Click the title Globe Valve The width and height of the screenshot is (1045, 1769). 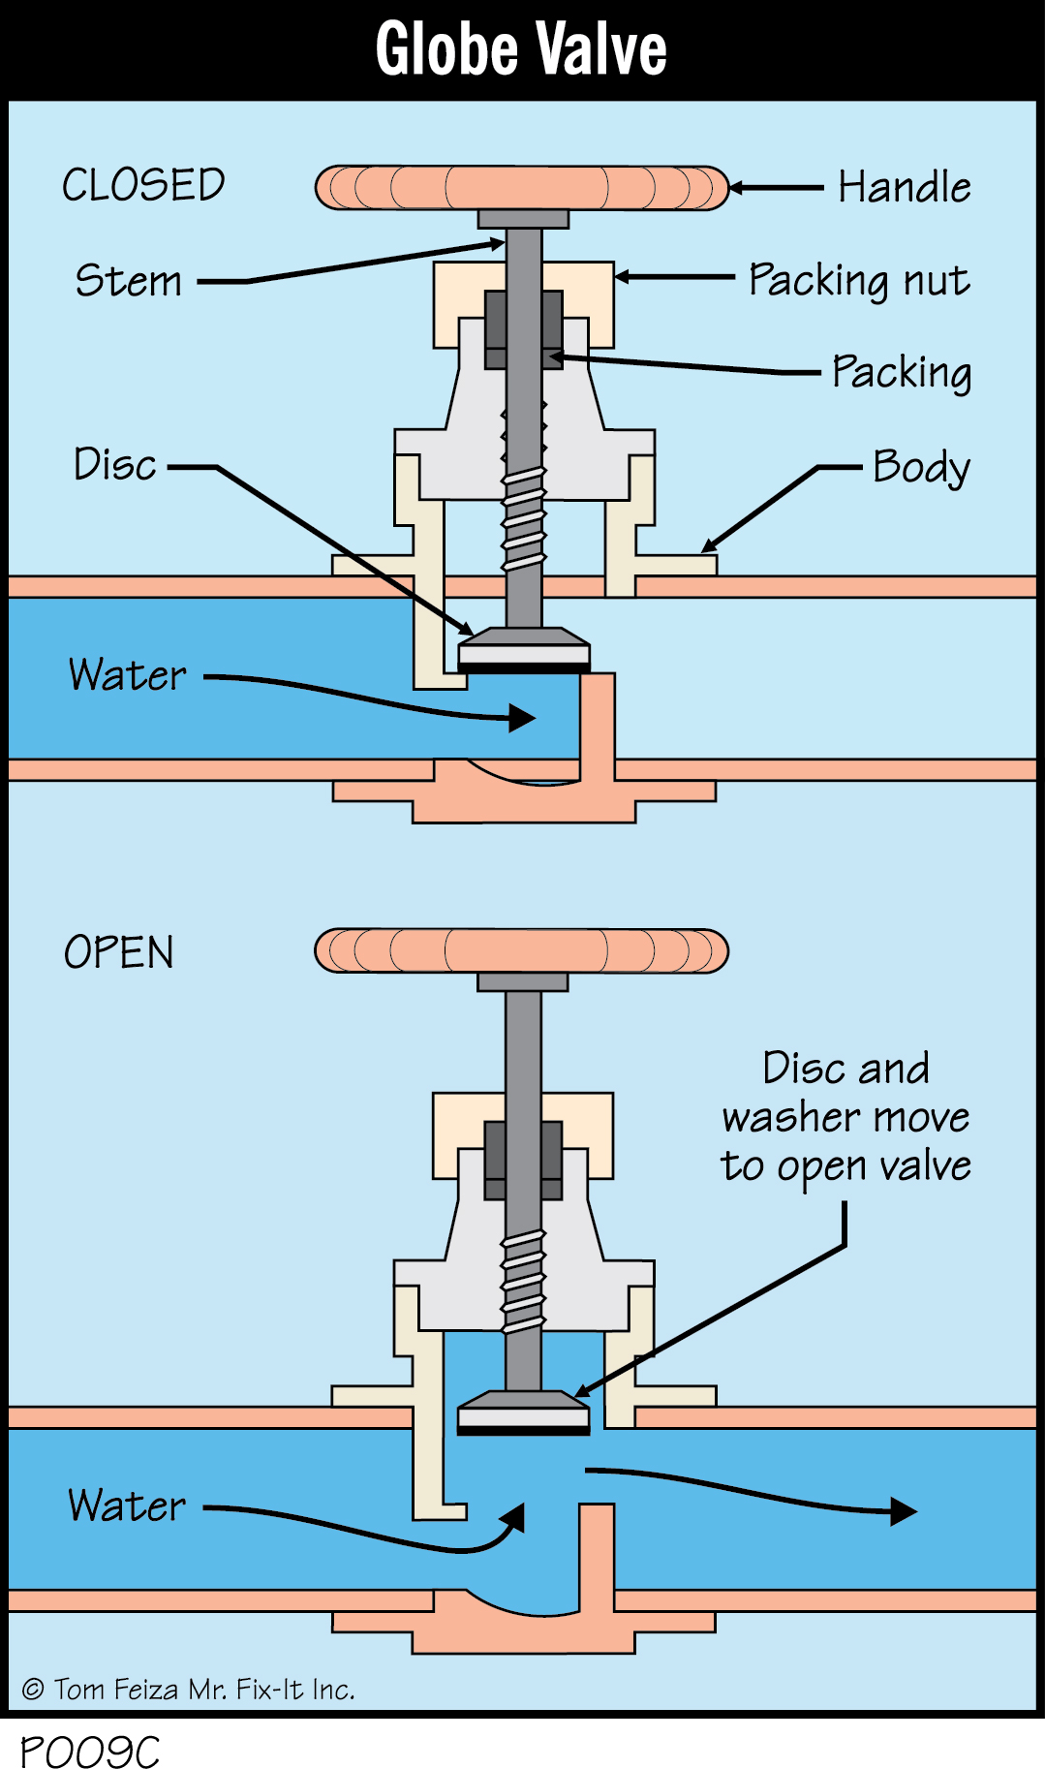coord(521,49)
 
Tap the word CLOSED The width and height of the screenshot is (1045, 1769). coord(143,185)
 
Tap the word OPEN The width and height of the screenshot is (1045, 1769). coord(118,952)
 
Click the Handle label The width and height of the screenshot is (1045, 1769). coord(904,187)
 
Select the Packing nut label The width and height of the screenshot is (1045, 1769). coord(858,280)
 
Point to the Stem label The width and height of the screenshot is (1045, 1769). coord(129,281)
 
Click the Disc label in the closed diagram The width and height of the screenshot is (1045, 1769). coord(114,464)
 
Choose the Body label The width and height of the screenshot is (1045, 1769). coord(920,467)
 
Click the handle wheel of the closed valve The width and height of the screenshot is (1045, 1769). coord(521,188)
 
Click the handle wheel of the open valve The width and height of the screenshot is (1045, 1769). coord(521,951)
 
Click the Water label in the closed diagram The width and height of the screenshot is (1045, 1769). coord(127,675)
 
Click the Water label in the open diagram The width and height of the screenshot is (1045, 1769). coord(127,1505)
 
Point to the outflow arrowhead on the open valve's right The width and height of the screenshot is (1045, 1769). coord(903,1511)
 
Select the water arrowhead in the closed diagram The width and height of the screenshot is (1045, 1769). coord(522,718)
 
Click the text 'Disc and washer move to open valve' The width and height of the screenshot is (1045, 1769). coord(845,1117)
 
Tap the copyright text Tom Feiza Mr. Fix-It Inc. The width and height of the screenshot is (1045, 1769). coord(189,1689)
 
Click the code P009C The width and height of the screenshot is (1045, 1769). coord(89,1751)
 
